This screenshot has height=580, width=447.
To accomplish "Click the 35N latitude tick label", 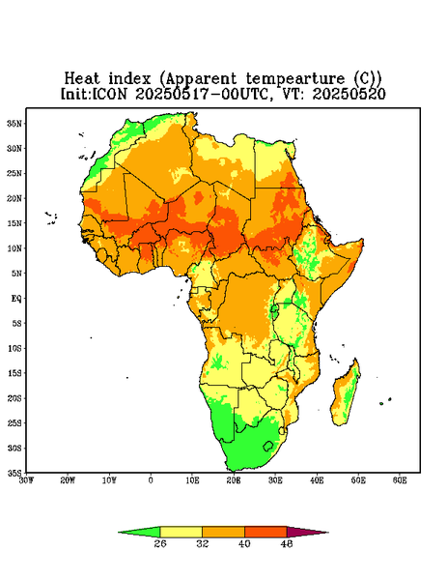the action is click(14, 124).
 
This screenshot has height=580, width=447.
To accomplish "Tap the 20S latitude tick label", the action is click(14, 398).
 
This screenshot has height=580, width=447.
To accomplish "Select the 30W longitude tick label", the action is click(26, 480).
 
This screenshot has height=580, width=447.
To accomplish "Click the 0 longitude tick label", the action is click(151, 480).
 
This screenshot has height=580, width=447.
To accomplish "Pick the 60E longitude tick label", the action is click(400, 480).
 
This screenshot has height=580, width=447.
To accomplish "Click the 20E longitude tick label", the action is click(234, 480).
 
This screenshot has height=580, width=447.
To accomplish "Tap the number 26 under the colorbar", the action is click(160, 543).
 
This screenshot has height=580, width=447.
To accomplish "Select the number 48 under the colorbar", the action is click(287, 543).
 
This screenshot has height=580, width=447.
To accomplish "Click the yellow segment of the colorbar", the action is click(181, 532).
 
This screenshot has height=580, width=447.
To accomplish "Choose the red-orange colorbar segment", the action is click(265, 532).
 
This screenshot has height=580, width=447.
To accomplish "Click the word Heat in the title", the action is click(82, 79).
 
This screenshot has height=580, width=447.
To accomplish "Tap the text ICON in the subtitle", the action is click(109, 94).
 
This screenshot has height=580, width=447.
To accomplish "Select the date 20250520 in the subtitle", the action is click(349, 94).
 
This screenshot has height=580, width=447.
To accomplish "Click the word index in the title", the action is click(129, 79).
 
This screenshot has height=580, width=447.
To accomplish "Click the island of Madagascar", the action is click(346, 394).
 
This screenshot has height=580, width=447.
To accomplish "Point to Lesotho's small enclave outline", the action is click(268, 446).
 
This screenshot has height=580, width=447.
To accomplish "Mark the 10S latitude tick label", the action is click(14, 348).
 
